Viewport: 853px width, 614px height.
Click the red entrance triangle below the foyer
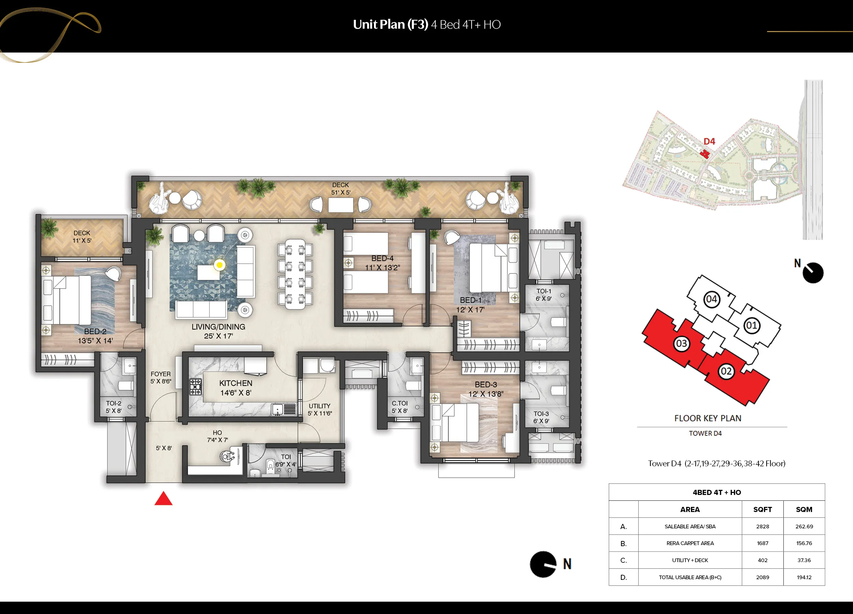tap(163, 499)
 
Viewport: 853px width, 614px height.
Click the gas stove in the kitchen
tap(195, 387)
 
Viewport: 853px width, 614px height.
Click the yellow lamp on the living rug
tap(219, 265)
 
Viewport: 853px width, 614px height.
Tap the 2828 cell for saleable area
tap(762, 526)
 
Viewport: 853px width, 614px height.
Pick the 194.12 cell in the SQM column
tap(804, 577)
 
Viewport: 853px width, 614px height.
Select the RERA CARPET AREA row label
tap(690, 543)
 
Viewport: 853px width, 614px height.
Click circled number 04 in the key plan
tap(711, 299)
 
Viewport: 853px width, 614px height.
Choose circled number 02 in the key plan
tap(726, 371)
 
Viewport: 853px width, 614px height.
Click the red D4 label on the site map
tap(709, 141)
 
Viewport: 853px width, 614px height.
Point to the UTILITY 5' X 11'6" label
tap(320, 409)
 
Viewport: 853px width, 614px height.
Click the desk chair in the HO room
tap(227, 456)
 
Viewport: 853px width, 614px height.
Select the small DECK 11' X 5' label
tap(82, 236)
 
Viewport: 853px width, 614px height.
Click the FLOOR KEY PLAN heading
tap(707, 418)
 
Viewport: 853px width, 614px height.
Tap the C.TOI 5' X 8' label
tap(400, 407)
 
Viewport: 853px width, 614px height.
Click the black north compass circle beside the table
tap(543, 564)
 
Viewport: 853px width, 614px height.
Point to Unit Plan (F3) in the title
tap(390, 25)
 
